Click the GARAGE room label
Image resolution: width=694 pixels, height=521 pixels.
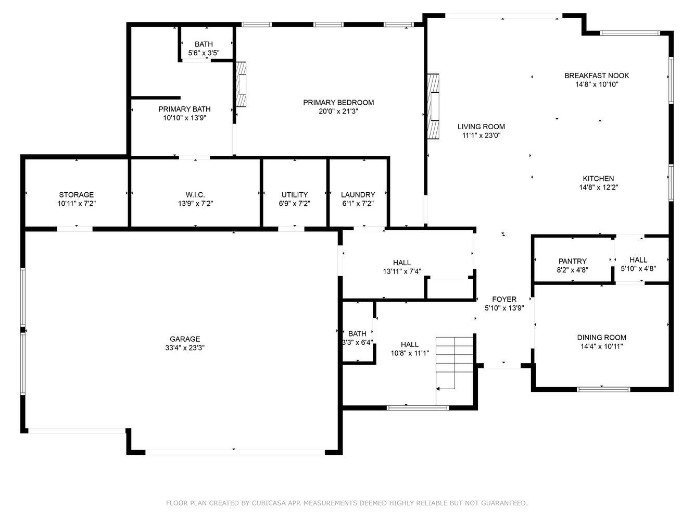[x=185, y=339]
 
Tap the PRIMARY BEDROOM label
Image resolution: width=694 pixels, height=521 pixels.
[x=338, y=103]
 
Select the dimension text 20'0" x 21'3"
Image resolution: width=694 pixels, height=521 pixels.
[x=338, y=111]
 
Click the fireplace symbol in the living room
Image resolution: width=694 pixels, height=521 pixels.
[x=433, y=106]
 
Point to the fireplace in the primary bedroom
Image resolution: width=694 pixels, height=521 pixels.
[x=241, y=84]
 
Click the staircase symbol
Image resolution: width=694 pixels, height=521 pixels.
[x=454, y=371]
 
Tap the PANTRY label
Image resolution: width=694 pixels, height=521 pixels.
[x=572, y=262]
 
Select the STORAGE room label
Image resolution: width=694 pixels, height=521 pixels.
[x=76, y=194]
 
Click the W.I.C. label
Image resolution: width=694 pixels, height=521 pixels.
[x=195, y=194]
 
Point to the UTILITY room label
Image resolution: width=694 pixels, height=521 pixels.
[x=294, y=194]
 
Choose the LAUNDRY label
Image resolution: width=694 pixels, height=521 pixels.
[x=358, y=194]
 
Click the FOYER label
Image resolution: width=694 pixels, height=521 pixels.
[x=504, y=299]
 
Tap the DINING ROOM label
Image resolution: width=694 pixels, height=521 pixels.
[x=601, y=338]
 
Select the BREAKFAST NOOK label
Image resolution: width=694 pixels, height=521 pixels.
[x=597, y=76]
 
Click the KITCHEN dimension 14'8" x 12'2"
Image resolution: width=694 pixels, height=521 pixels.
[x=598, y=187]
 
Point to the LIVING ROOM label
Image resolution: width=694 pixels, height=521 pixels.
[x=481, y=127]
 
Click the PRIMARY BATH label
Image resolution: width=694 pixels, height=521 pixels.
[x=184, y=109]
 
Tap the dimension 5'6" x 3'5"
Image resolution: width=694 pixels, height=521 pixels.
[x=204, y=53]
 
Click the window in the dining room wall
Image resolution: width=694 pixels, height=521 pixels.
[x=603, y=389]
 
